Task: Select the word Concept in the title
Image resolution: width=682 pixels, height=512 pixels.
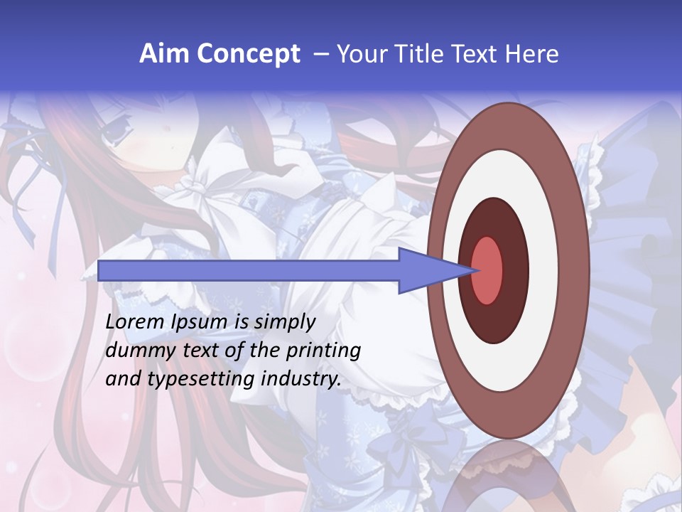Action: click(x=248, y=54)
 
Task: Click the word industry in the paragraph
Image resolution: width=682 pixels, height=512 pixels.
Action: click(x=301, y=379)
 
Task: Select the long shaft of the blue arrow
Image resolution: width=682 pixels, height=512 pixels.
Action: click(x=249, y=271)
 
